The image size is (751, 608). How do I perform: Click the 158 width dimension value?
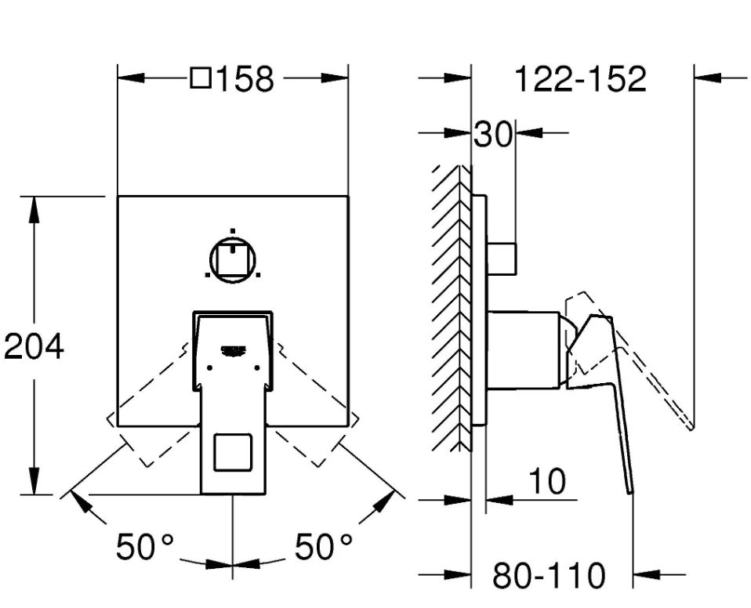(245, 79)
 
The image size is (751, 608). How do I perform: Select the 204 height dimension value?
(34, 346)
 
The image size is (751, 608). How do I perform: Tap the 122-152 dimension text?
(580, 79)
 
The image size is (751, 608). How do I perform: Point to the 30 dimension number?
(493, 135)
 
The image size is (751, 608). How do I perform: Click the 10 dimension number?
(547, 481)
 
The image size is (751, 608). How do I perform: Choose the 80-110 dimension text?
(549, 575)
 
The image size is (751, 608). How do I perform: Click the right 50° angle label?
(323, 546)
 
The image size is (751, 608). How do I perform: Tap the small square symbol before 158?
(201, 78)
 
